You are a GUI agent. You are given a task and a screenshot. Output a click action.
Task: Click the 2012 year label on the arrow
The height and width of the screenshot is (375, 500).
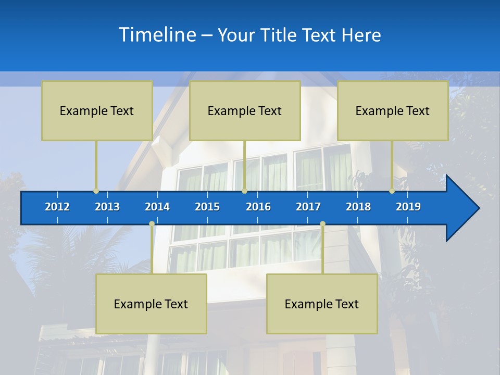tap(57, 207)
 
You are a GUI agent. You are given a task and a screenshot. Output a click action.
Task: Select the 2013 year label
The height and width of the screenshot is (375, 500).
tap(107, 207)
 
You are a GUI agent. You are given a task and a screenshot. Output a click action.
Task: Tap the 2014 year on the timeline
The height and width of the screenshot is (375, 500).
tap(157, 207)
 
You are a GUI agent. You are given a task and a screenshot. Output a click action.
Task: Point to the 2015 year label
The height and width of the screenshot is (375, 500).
tap(207, 207)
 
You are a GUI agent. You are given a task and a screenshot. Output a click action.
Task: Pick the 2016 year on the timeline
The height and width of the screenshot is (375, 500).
tap(258, 207)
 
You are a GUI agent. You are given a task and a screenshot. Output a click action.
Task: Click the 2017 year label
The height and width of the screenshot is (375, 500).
tap(308, 207)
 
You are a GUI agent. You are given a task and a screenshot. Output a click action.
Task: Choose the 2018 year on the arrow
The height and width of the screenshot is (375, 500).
tap(358, 207)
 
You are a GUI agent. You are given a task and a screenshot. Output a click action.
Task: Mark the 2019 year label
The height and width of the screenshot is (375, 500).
tap(408, 207)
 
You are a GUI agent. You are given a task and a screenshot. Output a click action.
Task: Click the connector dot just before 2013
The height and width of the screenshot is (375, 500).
tap(96, 191)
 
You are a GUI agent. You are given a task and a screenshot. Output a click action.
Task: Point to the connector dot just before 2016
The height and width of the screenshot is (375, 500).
tap(244, 191)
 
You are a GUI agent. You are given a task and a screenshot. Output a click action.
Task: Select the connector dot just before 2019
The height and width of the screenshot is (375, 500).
tap(392, 191)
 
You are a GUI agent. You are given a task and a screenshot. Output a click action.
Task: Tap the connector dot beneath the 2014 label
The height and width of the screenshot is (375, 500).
tap(152, 224)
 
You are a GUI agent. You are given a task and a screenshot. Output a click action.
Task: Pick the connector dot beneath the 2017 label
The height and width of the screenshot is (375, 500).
tap(322, 224)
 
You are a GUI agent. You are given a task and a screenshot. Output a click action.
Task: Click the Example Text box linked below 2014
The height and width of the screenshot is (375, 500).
tap(151, 304)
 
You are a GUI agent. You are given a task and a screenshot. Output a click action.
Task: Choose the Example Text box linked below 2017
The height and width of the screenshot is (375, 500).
tap(322, 304)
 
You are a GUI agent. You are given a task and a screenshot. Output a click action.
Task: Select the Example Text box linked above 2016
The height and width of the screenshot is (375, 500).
tap(245, 110)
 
